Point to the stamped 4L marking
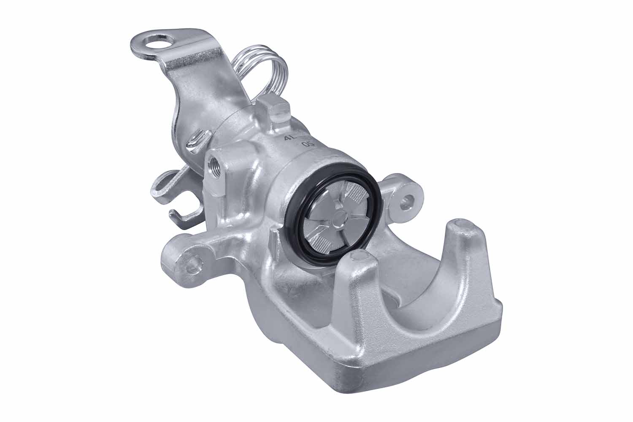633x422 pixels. pyautogui.click(x=290, y=138)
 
